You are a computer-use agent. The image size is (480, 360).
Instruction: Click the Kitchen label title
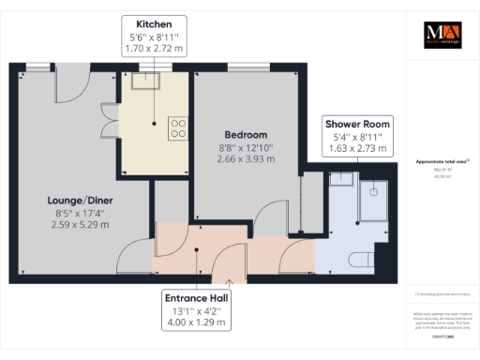pos(154,23)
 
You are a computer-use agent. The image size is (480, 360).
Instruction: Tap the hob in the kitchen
pos(175,127)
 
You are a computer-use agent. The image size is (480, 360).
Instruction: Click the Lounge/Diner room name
pos(75,200)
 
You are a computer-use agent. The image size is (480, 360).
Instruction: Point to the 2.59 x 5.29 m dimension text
pos(75,226)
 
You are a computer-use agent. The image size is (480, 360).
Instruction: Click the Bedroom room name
pos(247,135)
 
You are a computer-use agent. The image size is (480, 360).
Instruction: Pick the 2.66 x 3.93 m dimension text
pos(247,159)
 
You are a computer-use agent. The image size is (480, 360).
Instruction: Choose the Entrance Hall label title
pos(195,297)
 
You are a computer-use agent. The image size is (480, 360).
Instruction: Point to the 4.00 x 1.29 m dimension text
pos(195,322)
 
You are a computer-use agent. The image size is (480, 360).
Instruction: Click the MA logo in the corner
pos(440,35)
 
